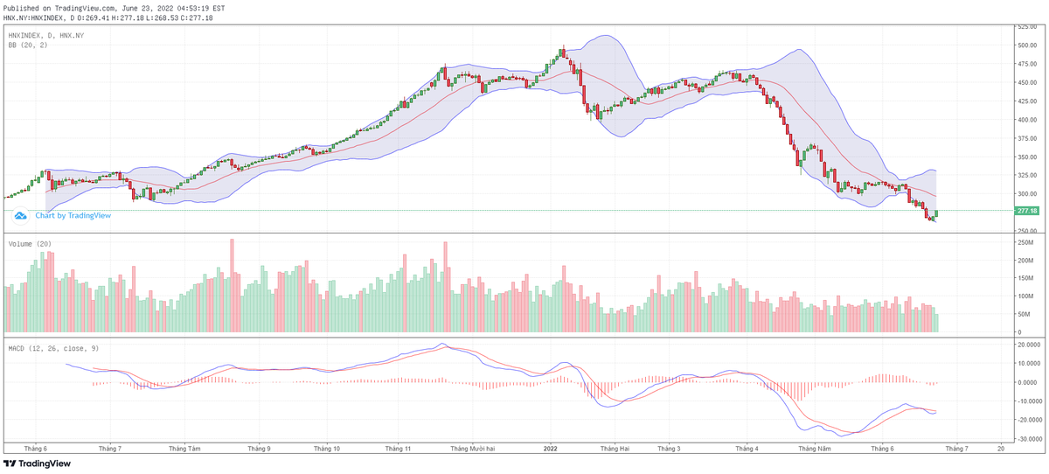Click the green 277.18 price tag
pyautogui.click(x=1026, y=211)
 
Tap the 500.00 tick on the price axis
pyautogui.click(x=1025, y=45)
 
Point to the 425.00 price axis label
pyautogui.click(x=1025, y=101)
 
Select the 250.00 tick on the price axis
pyautogui.click(x=1025, y=231)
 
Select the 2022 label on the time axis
pyautogui.click(x=551, y=448)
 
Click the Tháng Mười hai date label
pyautogui.click(x=472, y=448)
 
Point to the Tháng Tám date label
pyautogui.click(x=184, y=448)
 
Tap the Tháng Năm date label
pyautogui.click(x=814, y=448)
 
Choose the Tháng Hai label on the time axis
pyautogui.click(x=615, y=448)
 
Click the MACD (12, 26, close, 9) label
pyautogui.click(x=52, y=348)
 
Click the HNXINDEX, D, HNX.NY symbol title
pyautogui.click(x=45, y=35)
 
